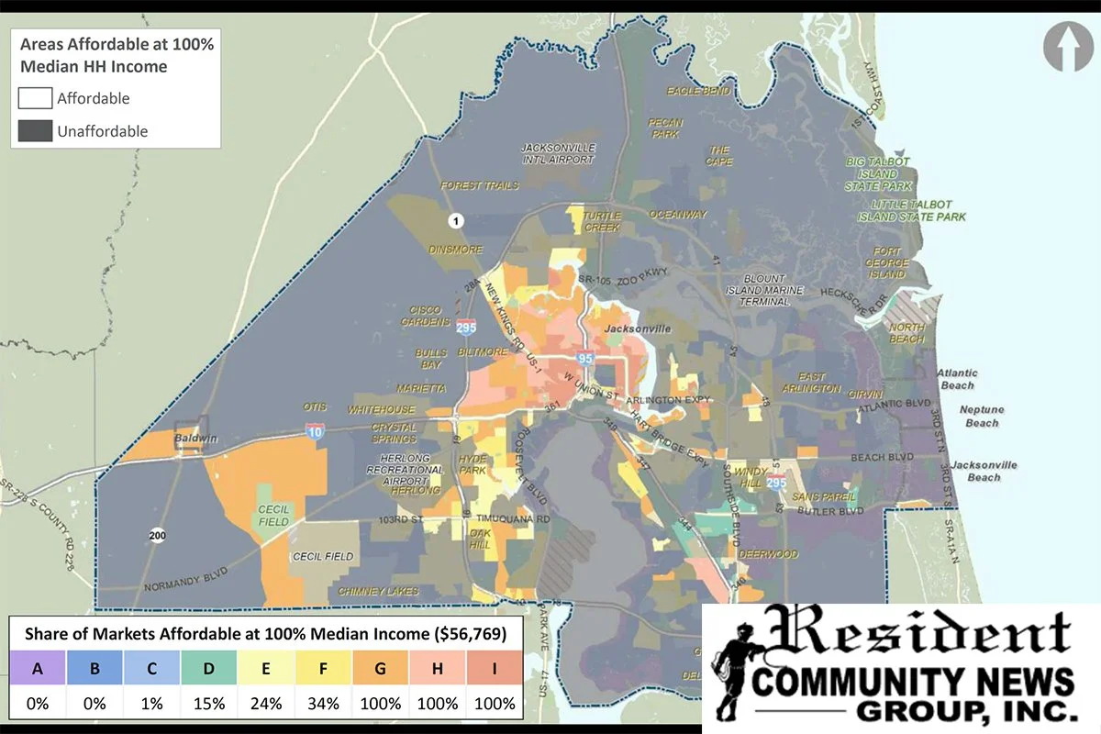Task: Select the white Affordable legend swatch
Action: click(34, 98)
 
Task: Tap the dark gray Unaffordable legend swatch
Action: click(34, 131)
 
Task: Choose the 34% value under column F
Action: click(324, 704)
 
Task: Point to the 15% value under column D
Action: click(209, 704)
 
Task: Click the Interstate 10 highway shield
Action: click(314, 431)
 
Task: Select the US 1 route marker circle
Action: click(456, 220)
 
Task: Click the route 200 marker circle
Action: click(158, 535)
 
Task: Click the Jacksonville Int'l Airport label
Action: click(558, 153)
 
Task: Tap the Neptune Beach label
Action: click(982, 416)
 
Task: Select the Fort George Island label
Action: click(888, 262)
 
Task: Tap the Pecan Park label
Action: click(665, 127)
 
